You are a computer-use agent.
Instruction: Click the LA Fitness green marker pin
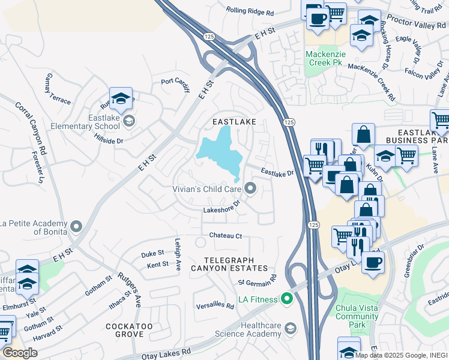point(287,298)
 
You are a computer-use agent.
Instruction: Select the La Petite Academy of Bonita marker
point(76,226)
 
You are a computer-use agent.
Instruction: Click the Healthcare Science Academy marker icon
point(291,328)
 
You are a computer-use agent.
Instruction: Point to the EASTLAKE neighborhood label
point(234,122)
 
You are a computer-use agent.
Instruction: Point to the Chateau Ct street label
point(225,236)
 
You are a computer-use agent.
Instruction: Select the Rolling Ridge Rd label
point(250,11)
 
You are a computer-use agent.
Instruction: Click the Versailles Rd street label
point(214,305)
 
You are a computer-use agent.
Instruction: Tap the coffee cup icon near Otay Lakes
point(373,262)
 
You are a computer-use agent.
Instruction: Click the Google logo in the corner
point(20,353)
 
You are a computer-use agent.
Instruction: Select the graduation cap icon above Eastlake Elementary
point(121,98)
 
